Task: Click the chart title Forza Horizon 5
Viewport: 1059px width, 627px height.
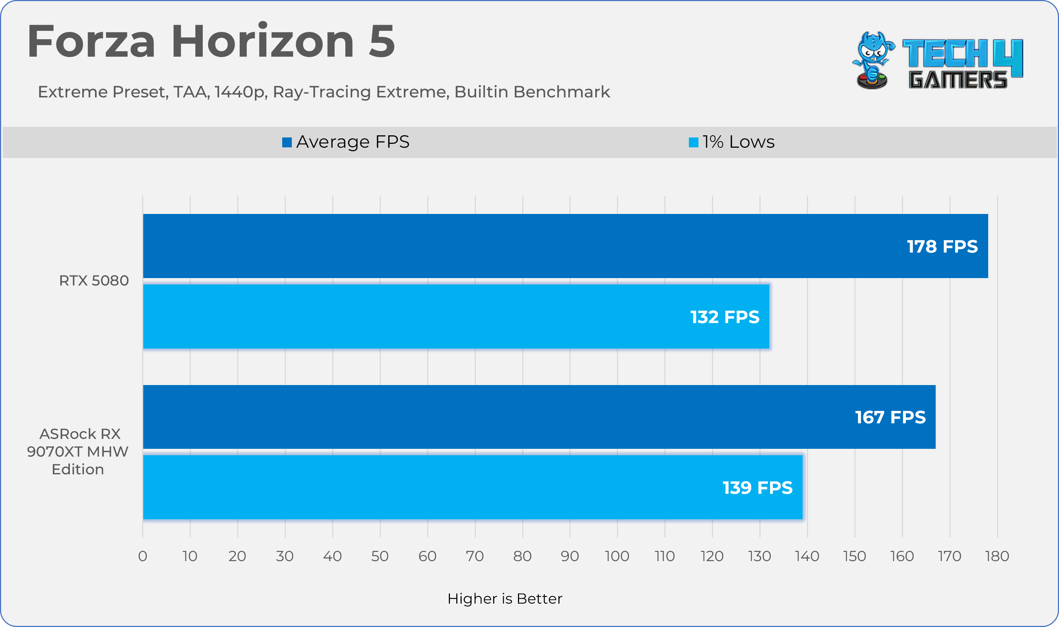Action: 211,42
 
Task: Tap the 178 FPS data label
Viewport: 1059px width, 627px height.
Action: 942,247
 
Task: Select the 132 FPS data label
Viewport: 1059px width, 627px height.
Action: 725,317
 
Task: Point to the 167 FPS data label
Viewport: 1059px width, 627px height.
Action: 890,417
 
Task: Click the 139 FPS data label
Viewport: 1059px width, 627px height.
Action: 757,488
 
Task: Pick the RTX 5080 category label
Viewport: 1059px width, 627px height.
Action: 94,281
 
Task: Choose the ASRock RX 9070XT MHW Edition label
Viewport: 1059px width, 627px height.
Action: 78,452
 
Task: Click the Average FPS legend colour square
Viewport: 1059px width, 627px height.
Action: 287,142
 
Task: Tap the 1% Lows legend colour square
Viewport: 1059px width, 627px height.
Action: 693,142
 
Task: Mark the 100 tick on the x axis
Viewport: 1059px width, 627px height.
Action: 617,557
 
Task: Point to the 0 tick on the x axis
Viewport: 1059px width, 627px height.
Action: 143,557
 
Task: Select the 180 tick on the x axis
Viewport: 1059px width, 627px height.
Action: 997,557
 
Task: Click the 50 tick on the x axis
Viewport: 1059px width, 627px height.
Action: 380,557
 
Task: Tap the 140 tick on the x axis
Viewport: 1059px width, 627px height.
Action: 807,557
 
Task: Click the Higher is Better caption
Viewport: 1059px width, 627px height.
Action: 505,599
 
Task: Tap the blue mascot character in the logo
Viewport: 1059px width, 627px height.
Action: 872,59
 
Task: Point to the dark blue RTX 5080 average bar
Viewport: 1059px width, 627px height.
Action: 507,246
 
